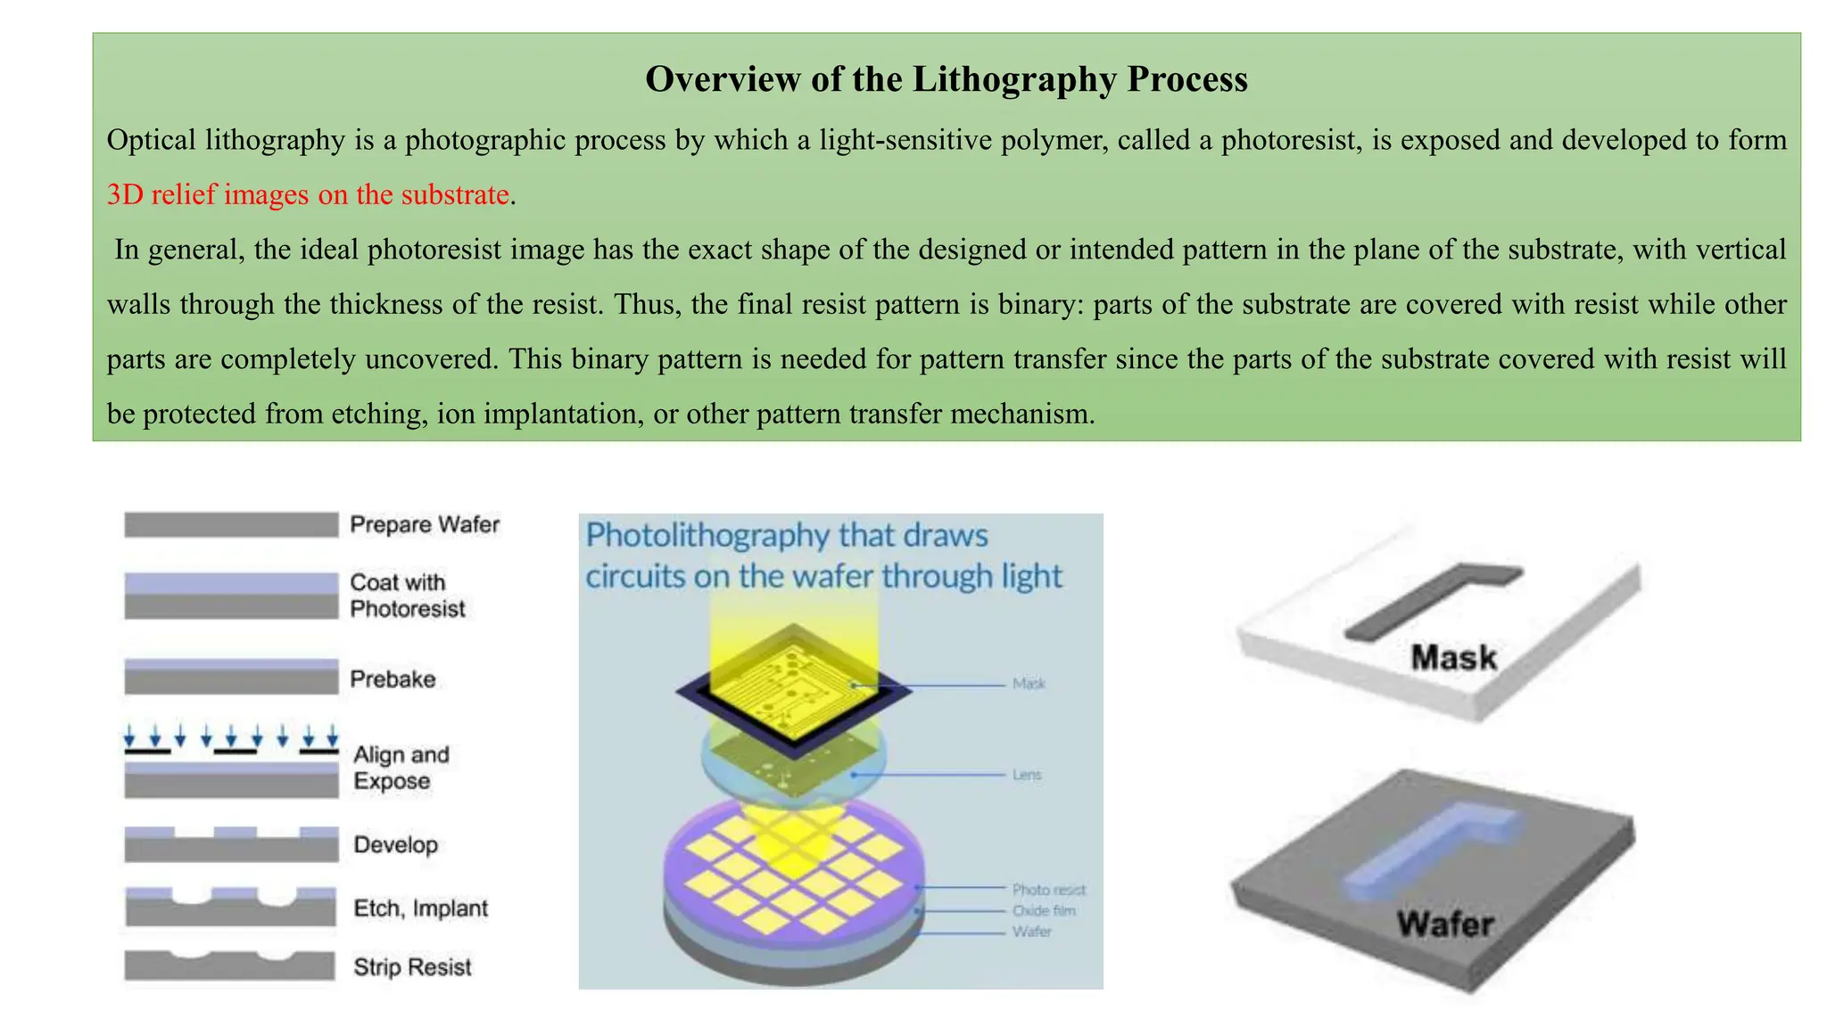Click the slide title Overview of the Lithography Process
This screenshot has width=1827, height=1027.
point(946,79)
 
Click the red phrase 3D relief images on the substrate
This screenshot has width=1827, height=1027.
point(308,194)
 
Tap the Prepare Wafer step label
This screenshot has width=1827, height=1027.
point(424,524)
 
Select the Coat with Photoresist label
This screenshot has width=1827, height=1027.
point(407,596)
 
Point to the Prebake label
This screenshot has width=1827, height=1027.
point(393,679)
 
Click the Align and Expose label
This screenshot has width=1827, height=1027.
point(401,768)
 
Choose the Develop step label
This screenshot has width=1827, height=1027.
point(395,844)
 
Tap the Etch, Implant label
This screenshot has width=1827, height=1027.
point(420,908)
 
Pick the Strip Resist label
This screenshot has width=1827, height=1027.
point(411,967)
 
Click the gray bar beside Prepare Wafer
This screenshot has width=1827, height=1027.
point(231,524)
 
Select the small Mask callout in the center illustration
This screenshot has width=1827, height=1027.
point(1029,684)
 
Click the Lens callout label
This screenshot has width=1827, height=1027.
point(1027,775)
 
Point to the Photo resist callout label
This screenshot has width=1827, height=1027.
point(1048,890)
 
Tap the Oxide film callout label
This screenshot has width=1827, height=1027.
point(1044,911)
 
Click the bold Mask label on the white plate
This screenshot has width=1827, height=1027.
point(1453,658)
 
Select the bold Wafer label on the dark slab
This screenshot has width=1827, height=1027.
point(1444,924)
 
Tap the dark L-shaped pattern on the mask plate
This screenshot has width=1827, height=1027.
point(1418,606)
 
